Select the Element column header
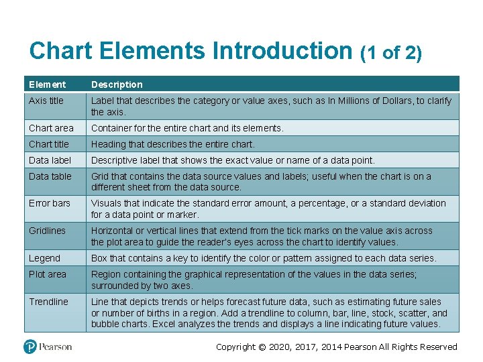47,84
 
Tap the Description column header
117,84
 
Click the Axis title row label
46,101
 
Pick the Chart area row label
51,128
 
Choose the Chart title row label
49,144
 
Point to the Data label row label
50,160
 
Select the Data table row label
50,176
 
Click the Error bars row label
49,203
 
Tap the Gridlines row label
47,231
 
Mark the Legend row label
44,258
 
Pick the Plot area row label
47,274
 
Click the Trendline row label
48,302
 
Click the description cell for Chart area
187,128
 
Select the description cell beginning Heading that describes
173,144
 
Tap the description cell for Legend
263,258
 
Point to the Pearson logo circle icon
30,347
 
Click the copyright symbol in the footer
262,347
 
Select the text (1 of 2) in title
391,53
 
